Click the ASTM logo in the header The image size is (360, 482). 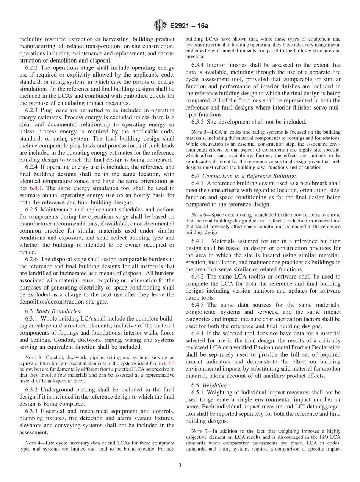pos(160,26)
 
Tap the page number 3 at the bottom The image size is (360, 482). pos(180,465)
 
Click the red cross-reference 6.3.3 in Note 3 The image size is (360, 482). pos(169,363)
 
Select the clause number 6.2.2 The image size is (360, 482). pos(33,68)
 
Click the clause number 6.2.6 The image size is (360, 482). pos(33,259)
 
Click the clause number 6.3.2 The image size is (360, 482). pos(33,390)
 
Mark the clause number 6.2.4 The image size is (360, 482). pos(33,167)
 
